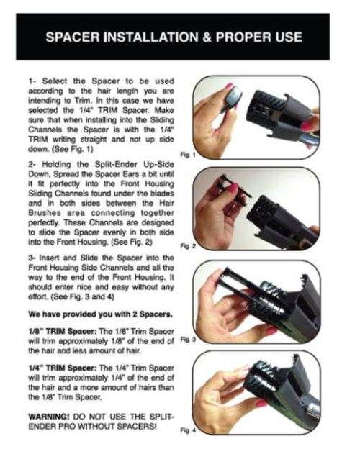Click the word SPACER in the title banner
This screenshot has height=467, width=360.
coord(73,37)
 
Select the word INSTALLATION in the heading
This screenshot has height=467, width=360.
coord(150,37)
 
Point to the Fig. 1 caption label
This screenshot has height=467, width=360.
coord(188,155)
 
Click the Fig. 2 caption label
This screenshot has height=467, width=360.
coord(188,246)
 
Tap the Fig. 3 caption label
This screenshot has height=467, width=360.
coord(188,339)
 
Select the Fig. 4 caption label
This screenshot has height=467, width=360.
coord(188,430)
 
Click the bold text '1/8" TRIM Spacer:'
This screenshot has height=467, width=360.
coord(63,331)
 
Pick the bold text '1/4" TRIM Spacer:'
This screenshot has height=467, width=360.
coord(63,368)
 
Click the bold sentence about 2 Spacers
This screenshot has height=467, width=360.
coord(100,314)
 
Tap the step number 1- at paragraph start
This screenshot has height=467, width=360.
coord(32,81)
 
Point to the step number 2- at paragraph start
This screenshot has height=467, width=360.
coord(32,164)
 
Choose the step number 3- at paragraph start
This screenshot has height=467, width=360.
coord(32,258)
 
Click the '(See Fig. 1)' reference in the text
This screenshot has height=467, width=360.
coord(73,149)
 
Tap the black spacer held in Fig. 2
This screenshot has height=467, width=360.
coord(235,187)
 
